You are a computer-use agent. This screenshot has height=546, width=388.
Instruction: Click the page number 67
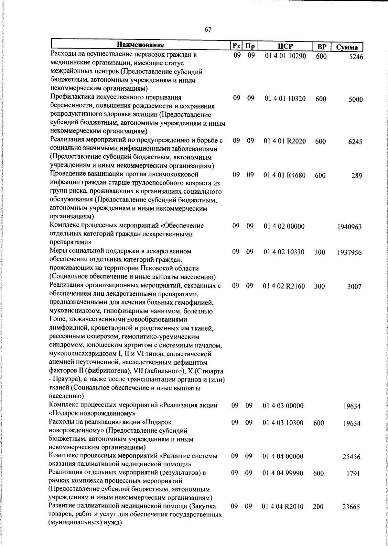click(208, 30)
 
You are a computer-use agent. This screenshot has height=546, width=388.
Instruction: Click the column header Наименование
click(141, 45)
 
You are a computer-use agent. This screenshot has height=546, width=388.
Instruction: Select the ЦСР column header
click(285, 46)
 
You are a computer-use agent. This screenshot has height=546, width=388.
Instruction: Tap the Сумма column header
click(347, 47)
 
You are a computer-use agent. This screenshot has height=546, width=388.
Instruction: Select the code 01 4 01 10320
click(285, 99)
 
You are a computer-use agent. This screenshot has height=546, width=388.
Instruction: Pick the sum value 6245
click(355, 142)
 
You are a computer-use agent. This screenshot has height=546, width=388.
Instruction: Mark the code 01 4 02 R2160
click(284, 286)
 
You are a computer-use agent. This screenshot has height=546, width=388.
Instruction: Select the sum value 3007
click(354, 287)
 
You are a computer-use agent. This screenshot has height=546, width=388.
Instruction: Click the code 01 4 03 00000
click(283, 405)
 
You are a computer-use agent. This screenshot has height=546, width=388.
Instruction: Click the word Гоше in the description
click(57, 320)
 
